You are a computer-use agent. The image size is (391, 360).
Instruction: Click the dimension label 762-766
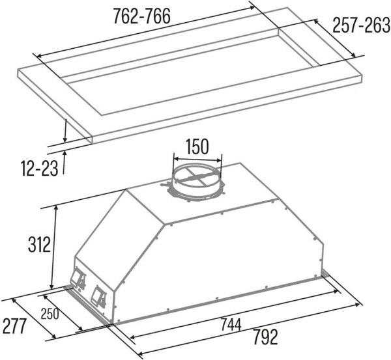point(141,16)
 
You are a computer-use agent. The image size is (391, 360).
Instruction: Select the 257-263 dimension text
point(361,25)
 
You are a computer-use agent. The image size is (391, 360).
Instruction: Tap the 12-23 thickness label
point(40,169)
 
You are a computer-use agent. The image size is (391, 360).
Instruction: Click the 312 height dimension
point(39,244)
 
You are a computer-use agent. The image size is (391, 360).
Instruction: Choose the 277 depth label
point(14,326)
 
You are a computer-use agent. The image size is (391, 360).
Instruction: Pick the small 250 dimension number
point(50,314)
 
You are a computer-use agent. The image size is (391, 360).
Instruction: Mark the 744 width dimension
point(231,325)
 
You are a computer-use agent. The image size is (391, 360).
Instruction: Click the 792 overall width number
point(265,337)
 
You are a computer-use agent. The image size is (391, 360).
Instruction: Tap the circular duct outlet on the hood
point(197,183)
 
